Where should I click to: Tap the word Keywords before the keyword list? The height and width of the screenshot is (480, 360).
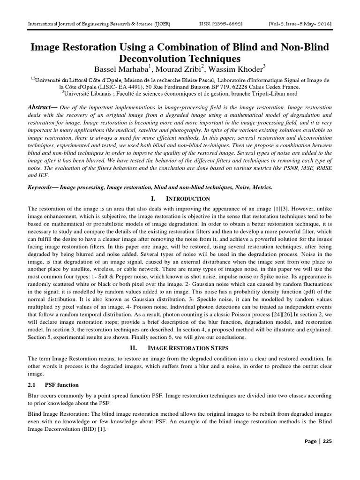[x=43, y=187]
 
